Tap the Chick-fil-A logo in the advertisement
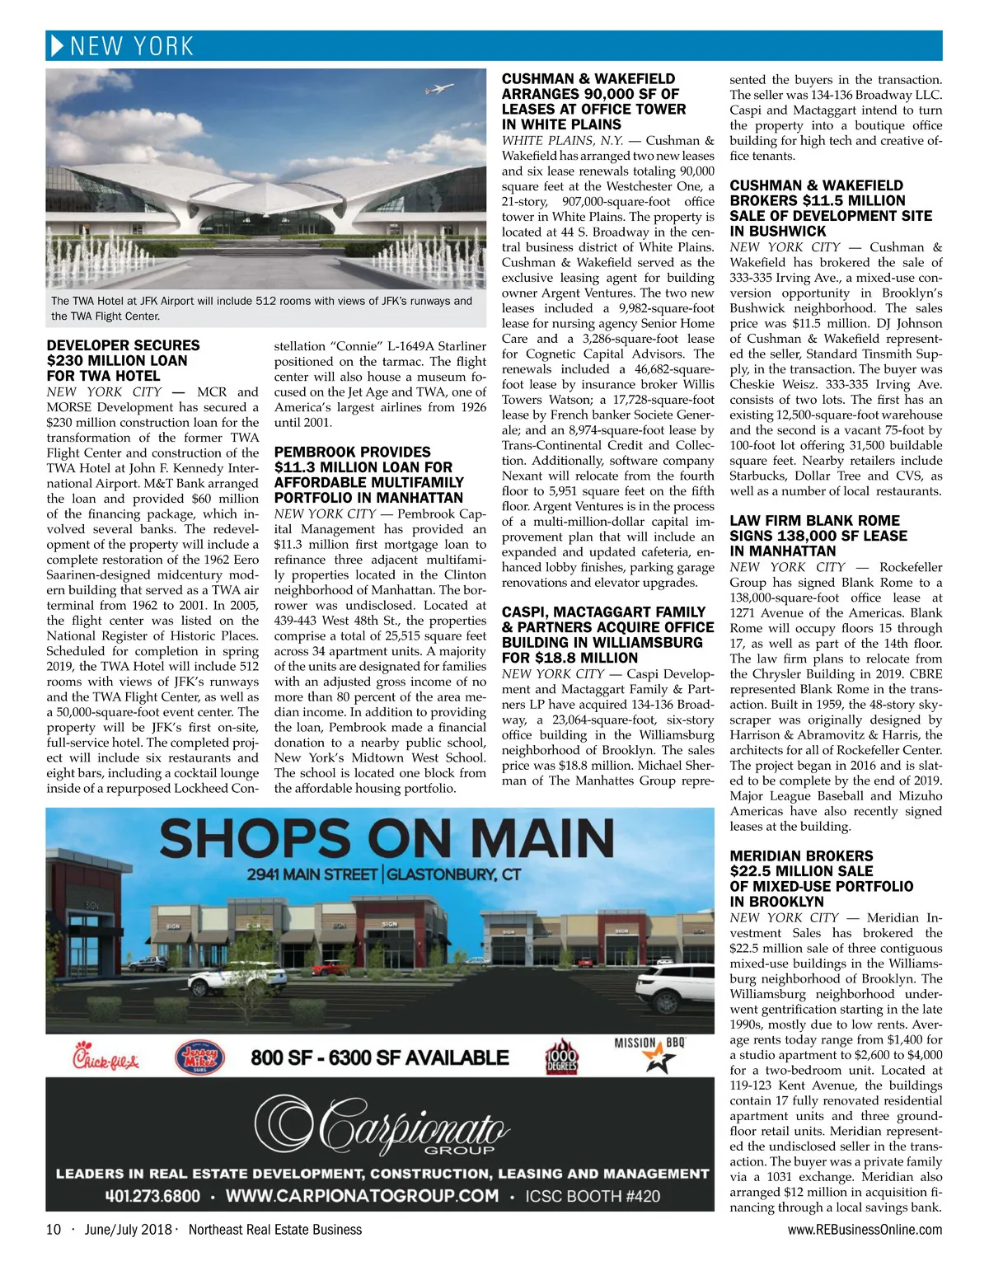pyautogui.click(x=105, y=1056)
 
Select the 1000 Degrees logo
pyautogui.click(x=561, y=1057)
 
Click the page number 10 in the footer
pyautogui.click(x=54, y=1230)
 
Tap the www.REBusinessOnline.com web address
pyautogui.click(x=865, y=1230)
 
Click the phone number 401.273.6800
pyautogui.click(x=152, y=1196)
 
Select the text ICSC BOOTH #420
pyautogui.click(x=593, y=1196)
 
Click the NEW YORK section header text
pyautogui.click(x=132, y=46)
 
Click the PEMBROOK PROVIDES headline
pyautogui.click(x=352, y=452)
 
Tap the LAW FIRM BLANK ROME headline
pyautogui.click(x=814, y=521)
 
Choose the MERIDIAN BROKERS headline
pyautogui.click(x=801, y=856)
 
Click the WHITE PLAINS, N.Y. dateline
pyautogui.click(x=563, y=140)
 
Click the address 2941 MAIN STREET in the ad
pyautogui.click(x=312, y=874)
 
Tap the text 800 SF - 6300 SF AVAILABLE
pyautogui.click(x=380, y=1057)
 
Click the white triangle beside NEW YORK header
pyautogui.click(x=57, y=46)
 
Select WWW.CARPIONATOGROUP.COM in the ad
pyautogui.click(x=362, y=1196)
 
